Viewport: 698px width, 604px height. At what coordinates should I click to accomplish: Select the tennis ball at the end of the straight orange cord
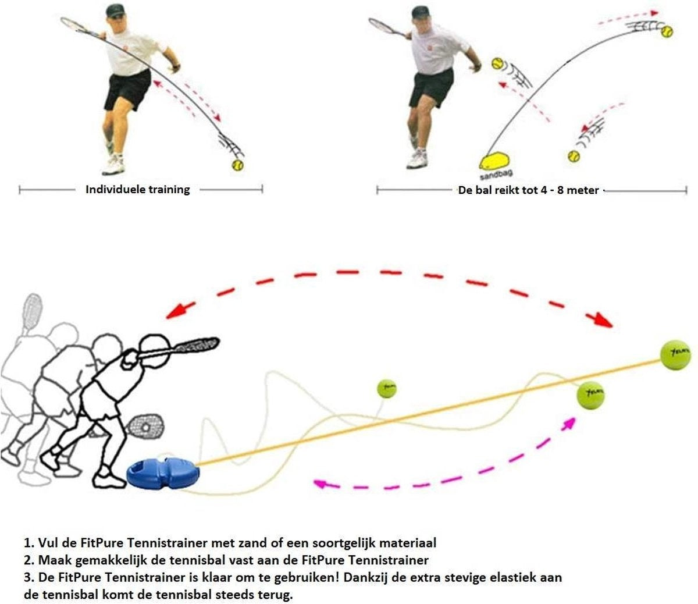pyautogui.click(x=675, y=354)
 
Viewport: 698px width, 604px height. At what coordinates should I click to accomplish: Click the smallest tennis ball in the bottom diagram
pyautogui.click(x=386, y=388)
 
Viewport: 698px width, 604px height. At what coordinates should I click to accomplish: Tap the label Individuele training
pyautogui.click(x=137, y=189)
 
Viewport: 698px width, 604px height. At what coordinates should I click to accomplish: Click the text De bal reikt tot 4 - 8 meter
pyautogui.click(x=528, y=190)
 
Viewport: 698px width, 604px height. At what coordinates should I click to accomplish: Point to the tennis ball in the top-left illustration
pyautogui.click(x=237, y=165)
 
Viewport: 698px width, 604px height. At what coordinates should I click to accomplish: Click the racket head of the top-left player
pyautogui.click(x=73, y=24)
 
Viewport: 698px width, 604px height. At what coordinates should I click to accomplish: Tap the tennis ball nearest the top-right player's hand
pyautogui.click(x=497, y=63)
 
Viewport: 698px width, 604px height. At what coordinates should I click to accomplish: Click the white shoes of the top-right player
pyautogui.click(x=417, y=158)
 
